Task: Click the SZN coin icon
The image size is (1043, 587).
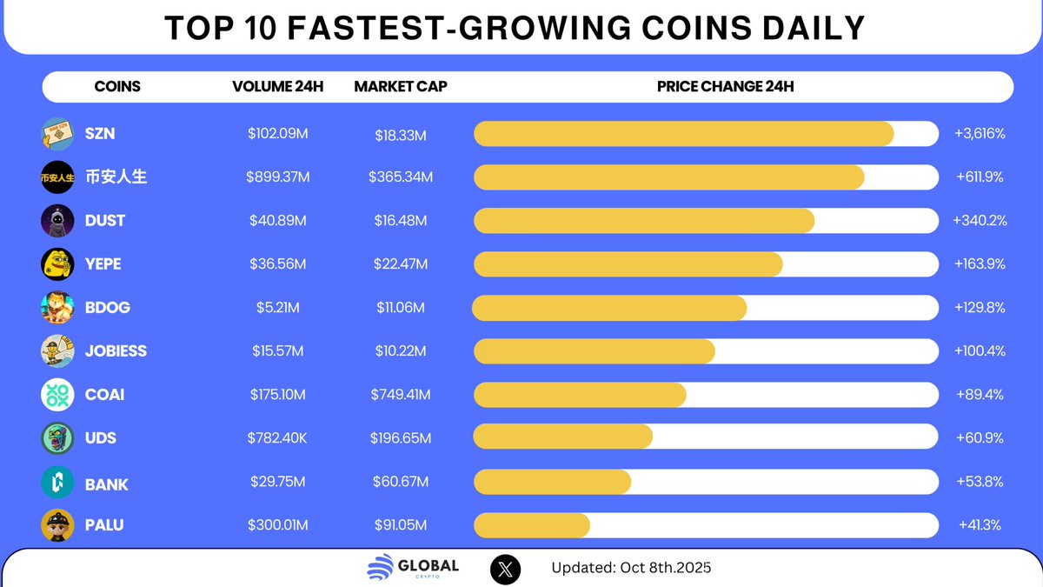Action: click(57, 134)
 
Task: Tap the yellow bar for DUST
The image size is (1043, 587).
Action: click(643, 221)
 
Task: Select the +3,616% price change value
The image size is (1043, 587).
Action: click(980, 134)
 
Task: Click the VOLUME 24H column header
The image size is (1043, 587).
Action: click(277, 87)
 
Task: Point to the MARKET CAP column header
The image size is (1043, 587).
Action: click(401, 87)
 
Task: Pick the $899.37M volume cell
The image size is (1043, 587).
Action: click(277, 177)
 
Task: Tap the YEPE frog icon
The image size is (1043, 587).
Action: click(57, 264)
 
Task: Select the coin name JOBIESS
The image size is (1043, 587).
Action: click(116, 351)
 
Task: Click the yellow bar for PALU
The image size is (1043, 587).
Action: click(532, 525)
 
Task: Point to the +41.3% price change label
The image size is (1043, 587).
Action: click(980, 525)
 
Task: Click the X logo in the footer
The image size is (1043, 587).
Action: click(507, 569)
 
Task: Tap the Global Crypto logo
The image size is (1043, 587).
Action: click(413, 569)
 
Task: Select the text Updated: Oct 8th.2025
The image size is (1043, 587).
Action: click(631, 569)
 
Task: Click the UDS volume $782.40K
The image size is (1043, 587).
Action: click(277, 438)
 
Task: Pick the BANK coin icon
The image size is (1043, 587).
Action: click(57, 482)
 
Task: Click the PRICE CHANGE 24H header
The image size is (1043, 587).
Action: click(725, 87)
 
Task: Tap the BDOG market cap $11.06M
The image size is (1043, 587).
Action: click(401, 308)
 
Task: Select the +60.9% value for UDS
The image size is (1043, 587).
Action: click(980, 438)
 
